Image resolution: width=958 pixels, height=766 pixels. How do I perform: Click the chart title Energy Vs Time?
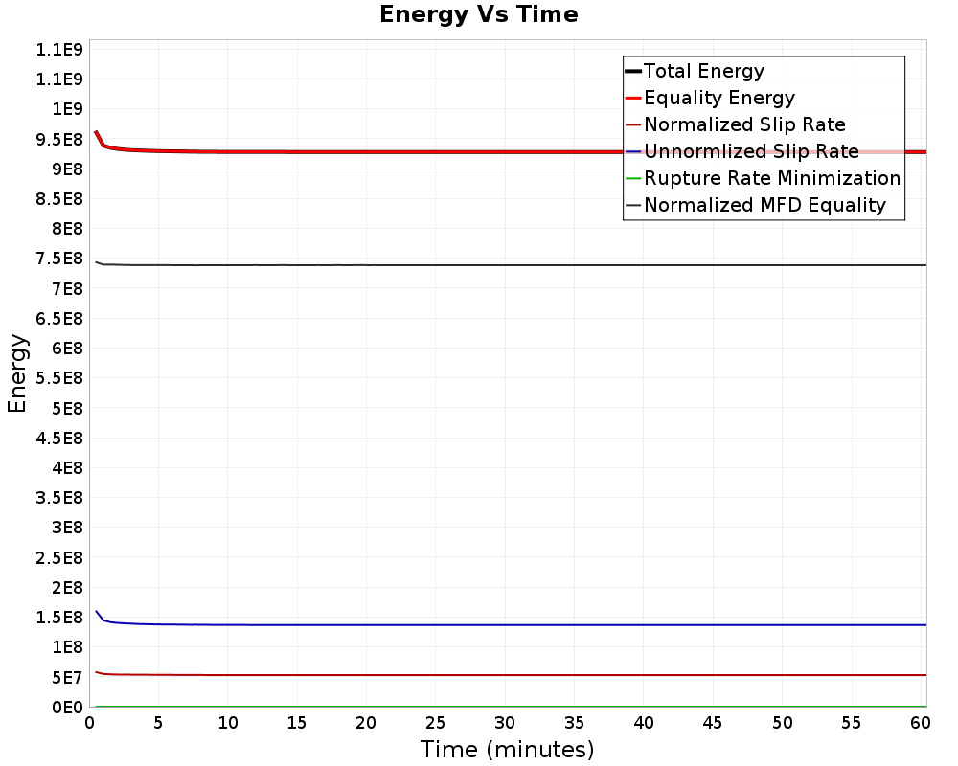479,15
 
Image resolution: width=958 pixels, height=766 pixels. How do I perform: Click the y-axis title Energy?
17,372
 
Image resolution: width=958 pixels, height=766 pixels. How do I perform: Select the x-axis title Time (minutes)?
507,749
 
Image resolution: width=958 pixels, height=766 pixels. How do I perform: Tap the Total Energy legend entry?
704,71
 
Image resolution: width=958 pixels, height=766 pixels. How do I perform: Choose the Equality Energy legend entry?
719,98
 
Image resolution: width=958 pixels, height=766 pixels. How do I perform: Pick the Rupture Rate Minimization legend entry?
772,178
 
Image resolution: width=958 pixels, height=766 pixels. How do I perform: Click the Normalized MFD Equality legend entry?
764,205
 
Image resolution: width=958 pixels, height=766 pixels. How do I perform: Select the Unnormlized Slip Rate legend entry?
751,151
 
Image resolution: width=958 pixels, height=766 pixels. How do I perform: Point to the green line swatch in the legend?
632,179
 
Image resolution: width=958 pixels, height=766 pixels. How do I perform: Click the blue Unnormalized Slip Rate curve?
479,625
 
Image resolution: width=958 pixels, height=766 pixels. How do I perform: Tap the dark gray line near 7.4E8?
479,265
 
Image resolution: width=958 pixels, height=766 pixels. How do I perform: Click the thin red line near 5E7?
479,675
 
